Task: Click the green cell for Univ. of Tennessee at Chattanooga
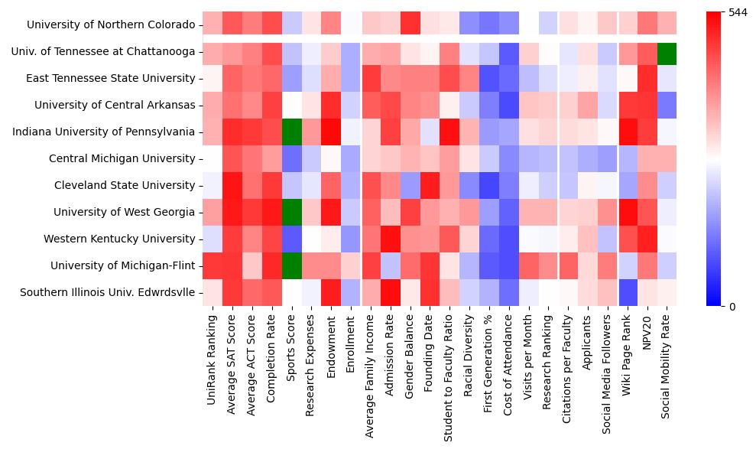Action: [x=667, y=52]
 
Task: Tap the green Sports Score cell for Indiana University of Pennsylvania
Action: [x=291, y=132]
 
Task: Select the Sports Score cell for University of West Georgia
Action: [x=291, y=212]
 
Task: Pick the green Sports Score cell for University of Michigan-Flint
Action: [x=291, y=265]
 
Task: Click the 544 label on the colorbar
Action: [x=738, y=13]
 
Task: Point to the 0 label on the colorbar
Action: [x=732, y=307]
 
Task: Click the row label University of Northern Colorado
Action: [x=111, y=25]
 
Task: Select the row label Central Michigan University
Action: [x=122, y=159]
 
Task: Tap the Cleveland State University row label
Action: [x=125, y=186]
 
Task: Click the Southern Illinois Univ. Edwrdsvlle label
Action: [x=107, y=292]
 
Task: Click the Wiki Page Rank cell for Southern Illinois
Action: [x=627, y=292]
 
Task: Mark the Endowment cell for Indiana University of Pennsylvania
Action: [x=331, y=132]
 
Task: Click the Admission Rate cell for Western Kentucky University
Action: [x=390, y=239]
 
